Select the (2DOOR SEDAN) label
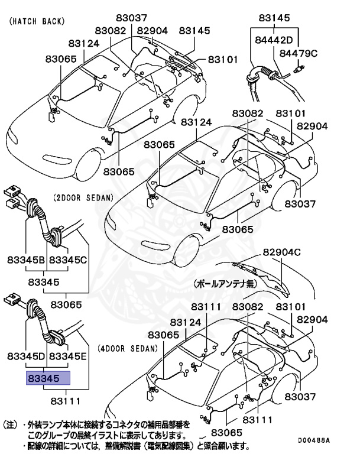(83, 197)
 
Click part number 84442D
(274, 40)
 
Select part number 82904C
(282, 252)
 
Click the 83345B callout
(27, 260)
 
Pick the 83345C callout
(68, 260)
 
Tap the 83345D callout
(27, 356)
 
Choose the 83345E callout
(68, 356)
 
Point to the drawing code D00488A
(313, 440)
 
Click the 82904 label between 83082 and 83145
(153, 31)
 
